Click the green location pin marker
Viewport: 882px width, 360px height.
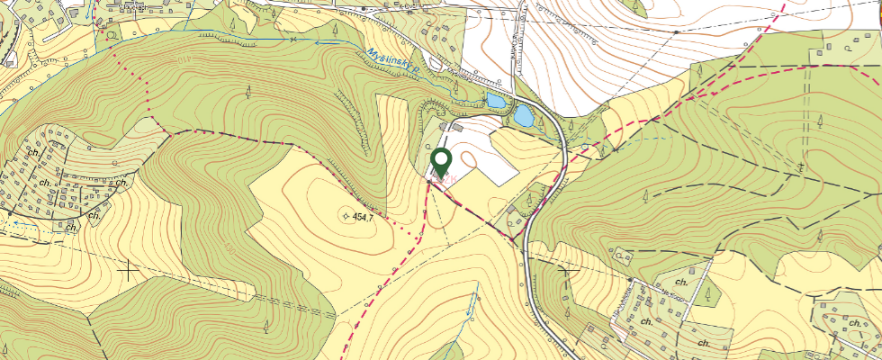441,162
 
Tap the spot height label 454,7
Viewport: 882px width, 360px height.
364,218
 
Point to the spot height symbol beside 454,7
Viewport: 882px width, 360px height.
346,216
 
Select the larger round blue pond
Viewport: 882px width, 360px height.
523,115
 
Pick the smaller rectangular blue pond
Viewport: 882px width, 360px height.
495,100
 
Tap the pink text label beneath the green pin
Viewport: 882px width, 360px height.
440,181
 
